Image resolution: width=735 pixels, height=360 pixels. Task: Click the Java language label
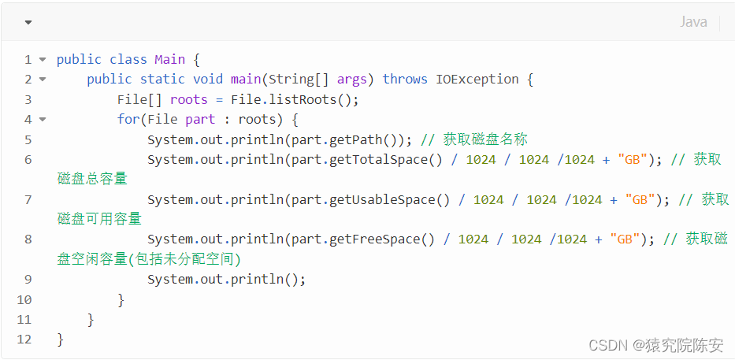click(x=693, y=22)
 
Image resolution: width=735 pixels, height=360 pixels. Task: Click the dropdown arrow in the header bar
click(x=28, y=22)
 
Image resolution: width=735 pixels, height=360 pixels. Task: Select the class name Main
click(x=169, y=59)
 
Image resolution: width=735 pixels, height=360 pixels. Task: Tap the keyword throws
click(x=405, y=79)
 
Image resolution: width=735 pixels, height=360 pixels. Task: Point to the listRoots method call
click(x=303, y=99)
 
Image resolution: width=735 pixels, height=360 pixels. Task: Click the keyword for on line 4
click(x=128, y=119)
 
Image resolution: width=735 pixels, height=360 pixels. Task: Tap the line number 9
click(x=28, y=279)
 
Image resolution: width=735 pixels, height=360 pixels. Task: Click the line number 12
click(x=24, y=339)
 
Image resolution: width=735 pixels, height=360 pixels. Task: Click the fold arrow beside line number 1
click(x=43, y=59)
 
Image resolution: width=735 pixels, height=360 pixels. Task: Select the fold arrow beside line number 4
click(x=43, y=119)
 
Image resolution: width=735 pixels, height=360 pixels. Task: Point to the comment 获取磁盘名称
click(x=485, y=139)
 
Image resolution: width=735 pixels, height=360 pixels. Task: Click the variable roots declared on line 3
click(x=189, y=99)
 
